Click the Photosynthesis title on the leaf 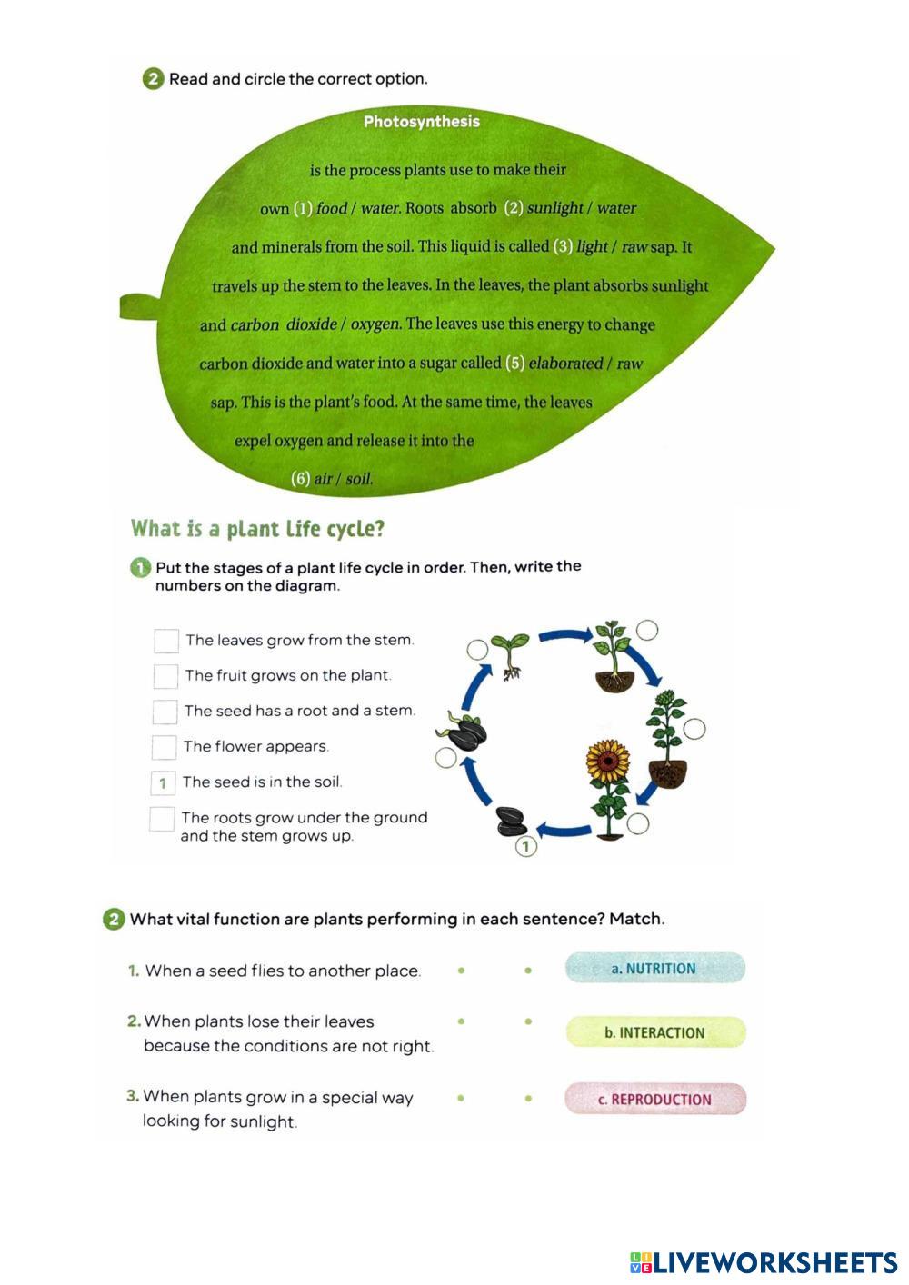point(421,122)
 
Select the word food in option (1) point(332,208)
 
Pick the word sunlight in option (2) point(554,208)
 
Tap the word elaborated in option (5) point(565,364)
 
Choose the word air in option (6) point(323,479)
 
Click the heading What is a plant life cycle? point(258,529)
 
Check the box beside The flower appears point(165,747)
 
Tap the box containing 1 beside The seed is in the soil point(163,782)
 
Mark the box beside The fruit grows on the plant point(165,676)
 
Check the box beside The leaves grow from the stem point(166,641)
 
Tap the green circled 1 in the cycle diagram point(526,847)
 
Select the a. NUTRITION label point(654,969)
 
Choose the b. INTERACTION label point(655,1032)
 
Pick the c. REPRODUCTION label point(655,1100)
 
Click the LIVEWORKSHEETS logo point(763,1262)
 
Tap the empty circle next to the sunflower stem point(639,824)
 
